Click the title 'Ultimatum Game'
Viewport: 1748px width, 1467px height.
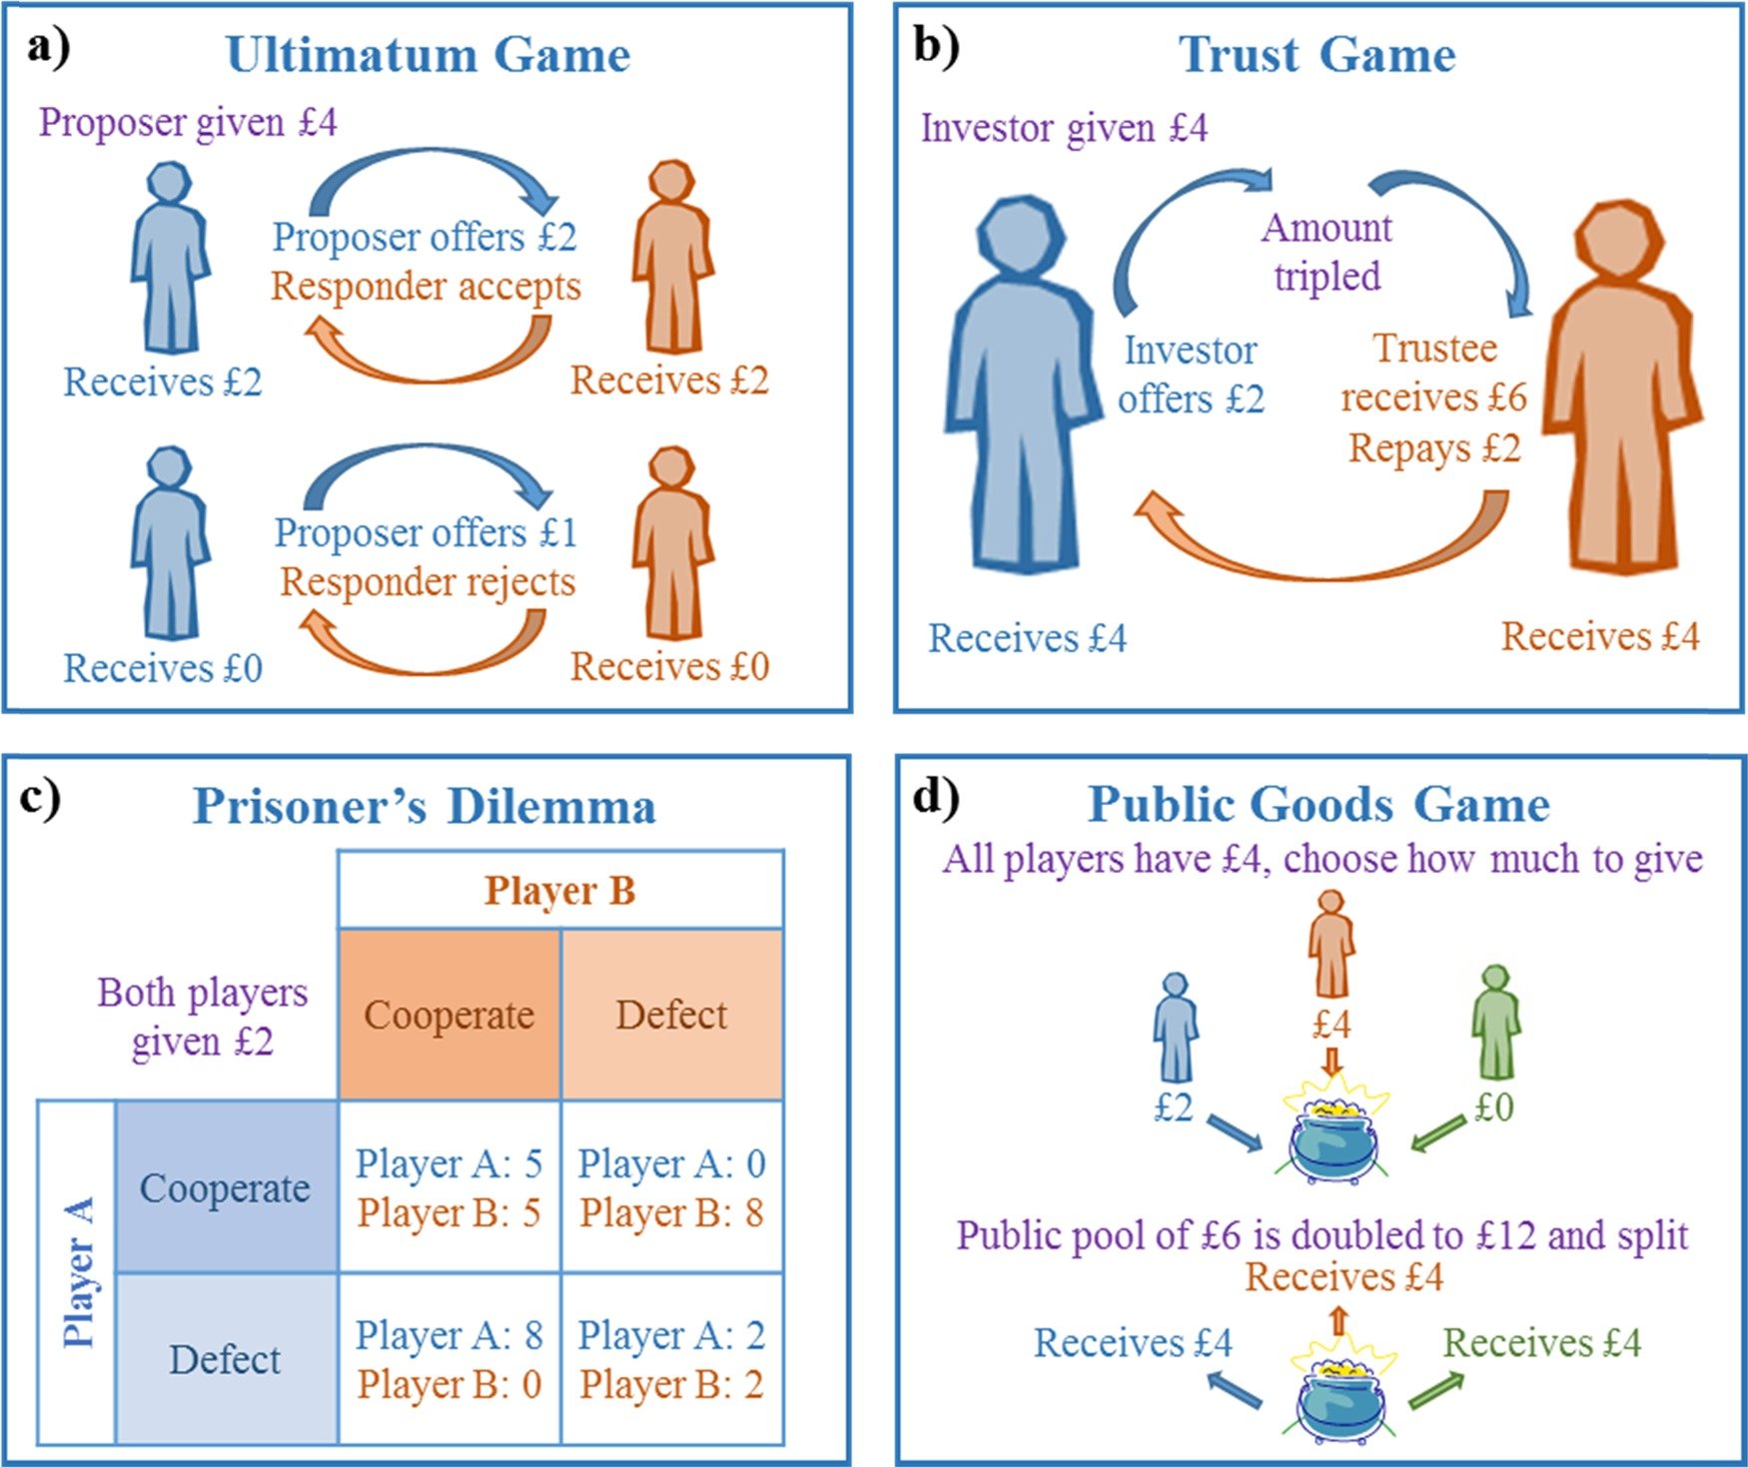coord(429,55)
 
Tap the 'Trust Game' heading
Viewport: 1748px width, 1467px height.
coord(1317,55)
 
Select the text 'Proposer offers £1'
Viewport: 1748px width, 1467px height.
coord(427,532)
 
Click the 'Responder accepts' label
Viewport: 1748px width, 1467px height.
coord(426,287)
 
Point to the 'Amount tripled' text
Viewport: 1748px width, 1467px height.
coord(1326,252)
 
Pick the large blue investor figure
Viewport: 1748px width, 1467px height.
coord(1024,384)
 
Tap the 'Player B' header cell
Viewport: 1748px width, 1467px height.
coord(560,890)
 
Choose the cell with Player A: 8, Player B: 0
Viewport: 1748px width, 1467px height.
coord(449,1359)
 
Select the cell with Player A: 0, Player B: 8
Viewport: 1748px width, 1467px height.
coord(672,1187)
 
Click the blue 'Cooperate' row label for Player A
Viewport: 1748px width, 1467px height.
coord(226,1187)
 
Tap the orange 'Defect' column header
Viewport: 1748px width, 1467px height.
coord(672,1015)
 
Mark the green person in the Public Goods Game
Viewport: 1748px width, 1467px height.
coord(1495,1022)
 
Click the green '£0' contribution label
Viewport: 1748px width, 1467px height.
coord(1494,1107)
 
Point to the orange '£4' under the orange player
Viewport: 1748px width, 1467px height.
coord(1331,1025)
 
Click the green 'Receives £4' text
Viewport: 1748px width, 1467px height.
coord(1542,1343)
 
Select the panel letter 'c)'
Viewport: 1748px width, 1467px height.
coord(41,800)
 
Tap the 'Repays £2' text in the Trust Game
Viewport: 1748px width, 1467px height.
coord(1434,448)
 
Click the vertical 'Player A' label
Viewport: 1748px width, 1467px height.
coord(79,1272)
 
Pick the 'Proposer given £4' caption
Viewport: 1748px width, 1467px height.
coord(188,123)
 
